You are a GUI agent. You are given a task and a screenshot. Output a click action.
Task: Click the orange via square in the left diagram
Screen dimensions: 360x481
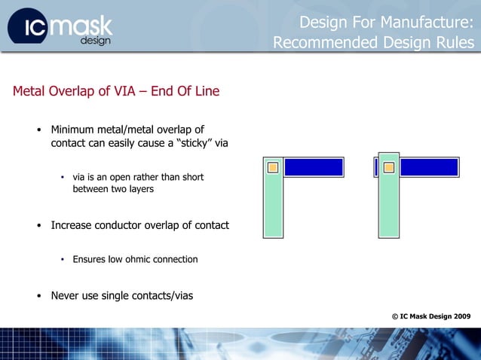click(x=273, y=167)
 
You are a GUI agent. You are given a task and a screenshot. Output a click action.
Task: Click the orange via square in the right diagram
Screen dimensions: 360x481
click(x=389, y=167)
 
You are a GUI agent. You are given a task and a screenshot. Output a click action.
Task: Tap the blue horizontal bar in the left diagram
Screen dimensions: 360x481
click(x=313, y=167)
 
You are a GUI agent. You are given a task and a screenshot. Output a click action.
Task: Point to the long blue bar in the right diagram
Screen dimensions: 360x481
click(x=429, y=167)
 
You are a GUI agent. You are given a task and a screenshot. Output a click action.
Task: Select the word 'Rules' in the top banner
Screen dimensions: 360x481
click(x=454, y=43)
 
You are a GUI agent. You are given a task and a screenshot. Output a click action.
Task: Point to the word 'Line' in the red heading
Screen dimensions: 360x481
click(x=205, y=92)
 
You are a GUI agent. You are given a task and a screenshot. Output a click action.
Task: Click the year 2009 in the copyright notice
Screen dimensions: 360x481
click(x=460, y=316)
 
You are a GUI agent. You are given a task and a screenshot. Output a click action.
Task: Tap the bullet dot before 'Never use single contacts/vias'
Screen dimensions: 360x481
click(x=39, y=296)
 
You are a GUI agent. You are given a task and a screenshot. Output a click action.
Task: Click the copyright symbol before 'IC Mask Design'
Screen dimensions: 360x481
click(x=395, y=316)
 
